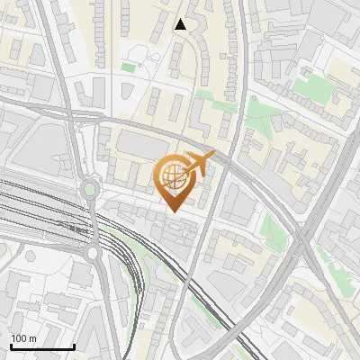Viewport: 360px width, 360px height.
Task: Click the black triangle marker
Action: [x=181, y=24]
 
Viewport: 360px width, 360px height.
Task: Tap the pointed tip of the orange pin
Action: [x=174, y=212]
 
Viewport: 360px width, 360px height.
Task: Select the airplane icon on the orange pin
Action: [x=198, y=164]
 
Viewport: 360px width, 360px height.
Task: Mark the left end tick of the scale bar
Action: [x=11, y=346]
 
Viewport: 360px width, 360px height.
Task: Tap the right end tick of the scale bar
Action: [x=74, y=346]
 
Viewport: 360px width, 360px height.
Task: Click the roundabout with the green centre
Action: [x=89, y=190]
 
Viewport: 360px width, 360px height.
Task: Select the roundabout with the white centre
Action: [x=94, y=254]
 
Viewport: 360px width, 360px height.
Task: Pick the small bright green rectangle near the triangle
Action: [x=128, y=67]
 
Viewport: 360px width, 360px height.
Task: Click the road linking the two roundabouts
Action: [x=91, y=221]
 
